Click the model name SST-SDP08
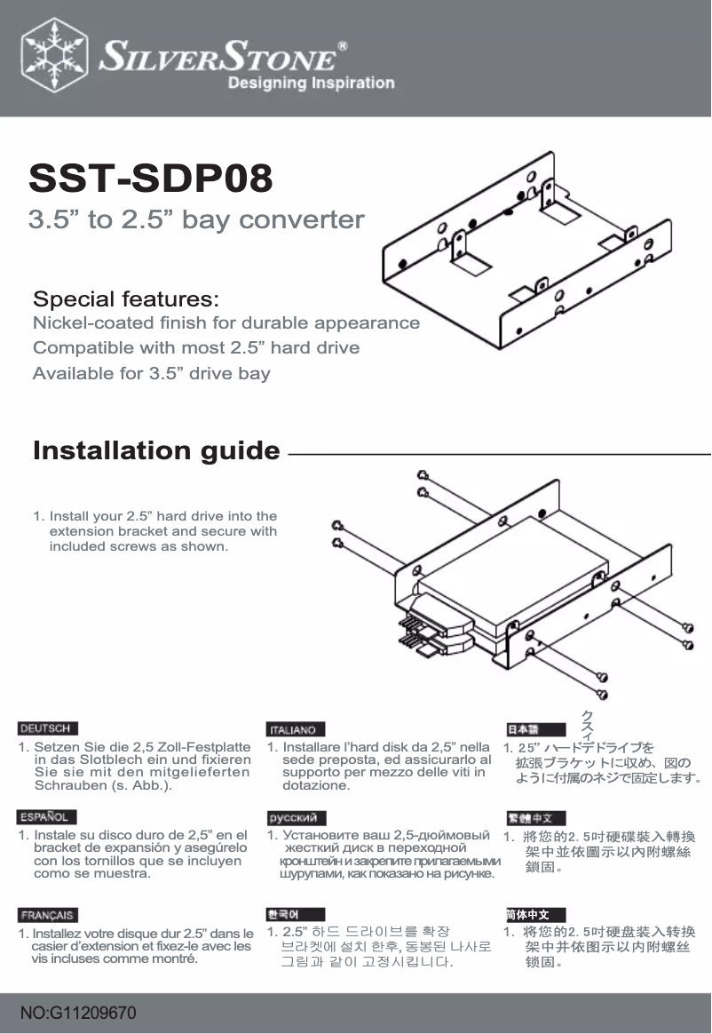tap(151, 179)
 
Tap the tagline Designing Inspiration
tap(311, 84)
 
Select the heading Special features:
tap(126, 297)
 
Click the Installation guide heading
tap(156, 451)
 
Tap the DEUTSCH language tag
tap(49, 728)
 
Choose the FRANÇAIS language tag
tap(49, 915)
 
